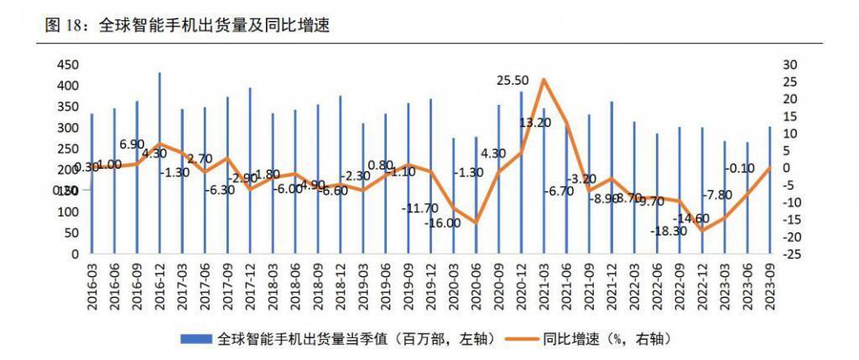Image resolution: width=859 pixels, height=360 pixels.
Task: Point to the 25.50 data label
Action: click(x=513, y=81)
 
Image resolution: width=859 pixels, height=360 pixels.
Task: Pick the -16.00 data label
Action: click(x=442, y=223)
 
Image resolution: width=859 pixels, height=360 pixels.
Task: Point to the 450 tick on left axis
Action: click(x=67, y=65)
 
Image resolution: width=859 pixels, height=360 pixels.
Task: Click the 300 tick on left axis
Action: click(x=67, y=128)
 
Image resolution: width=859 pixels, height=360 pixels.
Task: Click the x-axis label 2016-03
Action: click(x=92, y=285)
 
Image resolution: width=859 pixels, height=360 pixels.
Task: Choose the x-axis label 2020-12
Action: click(x=522, y=285)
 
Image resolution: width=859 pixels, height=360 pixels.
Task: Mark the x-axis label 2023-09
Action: click(x=771, y=285)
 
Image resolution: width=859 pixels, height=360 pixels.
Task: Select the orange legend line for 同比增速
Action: click(x=522, y=339)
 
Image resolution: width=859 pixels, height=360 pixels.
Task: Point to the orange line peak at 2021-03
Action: click(x=544, y=79)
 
